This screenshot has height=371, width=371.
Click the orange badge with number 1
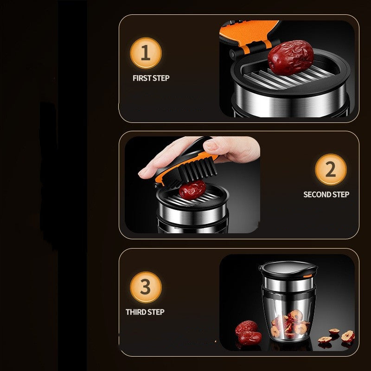(x=145, y=53)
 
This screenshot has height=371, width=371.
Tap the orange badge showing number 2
(x=330, y=169)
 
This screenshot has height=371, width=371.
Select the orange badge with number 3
(x=145, y=287)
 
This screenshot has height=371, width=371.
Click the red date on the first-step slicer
(x=290, y=57)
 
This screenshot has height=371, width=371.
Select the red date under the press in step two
(x=192, y=190)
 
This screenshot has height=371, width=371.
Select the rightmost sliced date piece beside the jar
(x=348, y=336)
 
